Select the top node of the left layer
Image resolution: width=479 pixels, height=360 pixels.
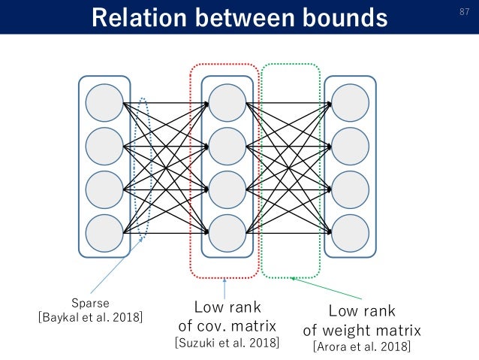pyautogui.click(x=104, y=103)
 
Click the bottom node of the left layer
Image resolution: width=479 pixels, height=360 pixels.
pyautogui.click(x=104, y=233)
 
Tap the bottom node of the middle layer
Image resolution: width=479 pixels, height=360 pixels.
pyautogui.click(x=227, y=233)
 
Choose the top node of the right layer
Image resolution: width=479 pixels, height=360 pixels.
pyautogui.click(x=351, y=103)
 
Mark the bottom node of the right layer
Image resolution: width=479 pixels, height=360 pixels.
pyautogui.click(x=351, y=233)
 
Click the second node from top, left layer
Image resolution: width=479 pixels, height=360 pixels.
pyautogui.click(x=104, y=147)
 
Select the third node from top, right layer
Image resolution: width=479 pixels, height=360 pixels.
pyautogui.click(x=351, y=189)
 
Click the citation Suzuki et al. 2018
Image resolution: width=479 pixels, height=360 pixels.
pyautogui.click(x=227, y=343)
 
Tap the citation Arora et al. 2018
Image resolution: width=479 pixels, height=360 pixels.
pyautogui.click(x=362, y=346)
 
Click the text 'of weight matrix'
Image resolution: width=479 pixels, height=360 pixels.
pyautogui.click(x=362, y=330)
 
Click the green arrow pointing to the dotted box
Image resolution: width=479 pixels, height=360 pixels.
pyautogui.click(x=323, y=286)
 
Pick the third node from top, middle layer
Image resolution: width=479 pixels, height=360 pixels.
pyautogui.click(x=227, y=189)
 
